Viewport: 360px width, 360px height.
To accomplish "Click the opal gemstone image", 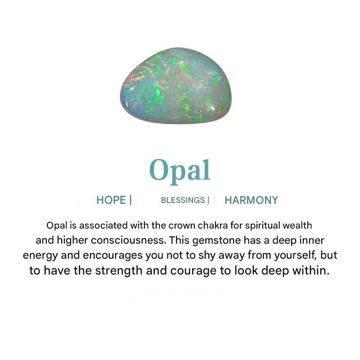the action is point(175,85).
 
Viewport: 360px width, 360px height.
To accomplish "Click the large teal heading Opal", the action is point(180,171).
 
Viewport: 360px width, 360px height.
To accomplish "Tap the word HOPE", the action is point(111,200).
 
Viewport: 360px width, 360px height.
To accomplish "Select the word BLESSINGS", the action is point(183,200).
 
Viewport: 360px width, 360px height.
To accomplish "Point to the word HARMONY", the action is point(252,200).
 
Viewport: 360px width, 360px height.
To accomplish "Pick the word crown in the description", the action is point(182,226).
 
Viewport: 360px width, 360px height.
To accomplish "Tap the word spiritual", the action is point(263,226).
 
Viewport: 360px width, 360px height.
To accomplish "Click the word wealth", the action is point(297,225).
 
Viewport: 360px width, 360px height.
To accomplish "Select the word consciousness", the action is point(129,240).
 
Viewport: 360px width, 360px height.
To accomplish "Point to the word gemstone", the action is point(217,241).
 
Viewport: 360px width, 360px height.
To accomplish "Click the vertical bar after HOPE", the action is point(130,200).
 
